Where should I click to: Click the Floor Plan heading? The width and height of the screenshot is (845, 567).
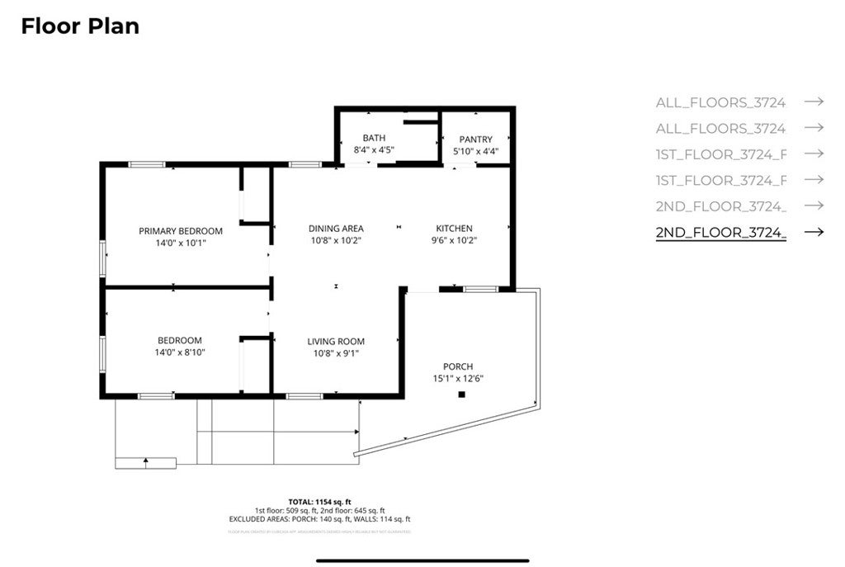(80, 26)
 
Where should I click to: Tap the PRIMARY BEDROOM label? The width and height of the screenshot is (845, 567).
(181, 230)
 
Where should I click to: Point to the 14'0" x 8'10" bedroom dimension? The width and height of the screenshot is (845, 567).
(181, 352)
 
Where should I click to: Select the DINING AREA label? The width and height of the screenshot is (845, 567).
(336, 229)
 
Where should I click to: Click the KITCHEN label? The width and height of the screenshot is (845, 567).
(454, 229)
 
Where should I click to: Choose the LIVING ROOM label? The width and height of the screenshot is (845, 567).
(336, 342)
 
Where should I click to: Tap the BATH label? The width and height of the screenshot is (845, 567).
(374, 138)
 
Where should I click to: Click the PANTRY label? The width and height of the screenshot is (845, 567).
(475, 139)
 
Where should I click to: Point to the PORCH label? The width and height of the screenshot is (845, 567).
(458, 366)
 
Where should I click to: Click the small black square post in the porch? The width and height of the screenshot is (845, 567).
(462, 395)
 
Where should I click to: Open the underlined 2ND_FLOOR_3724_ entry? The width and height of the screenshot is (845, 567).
(720, 232)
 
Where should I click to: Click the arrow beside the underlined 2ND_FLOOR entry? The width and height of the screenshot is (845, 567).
(814, 232)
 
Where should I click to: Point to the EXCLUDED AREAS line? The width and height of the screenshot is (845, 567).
(319, 519)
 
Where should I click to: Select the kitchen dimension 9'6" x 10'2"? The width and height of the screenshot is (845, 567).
(454, 240)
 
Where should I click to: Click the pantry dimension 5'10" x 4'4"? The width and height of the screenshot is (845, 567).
(475, 151)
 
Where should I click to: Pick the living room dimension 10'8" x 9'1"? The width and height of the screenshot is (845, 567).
(336, 353)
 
